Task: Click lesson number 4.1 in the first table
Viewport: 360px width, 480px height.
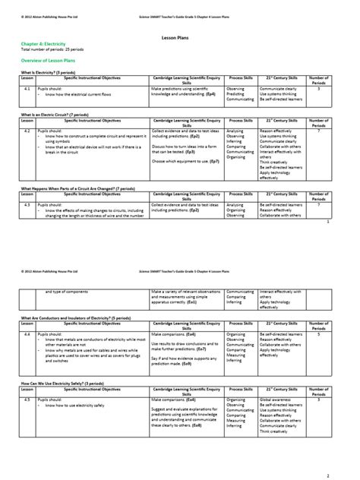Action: click(27, 88)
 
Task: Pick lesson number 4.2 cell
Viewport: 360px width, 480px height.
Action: click(27, 131)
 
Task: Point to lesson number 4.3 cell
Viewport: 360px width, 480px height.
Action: click(27, 204)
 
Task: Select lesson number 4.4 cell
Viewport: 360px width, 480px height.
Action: click(27, 333)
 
